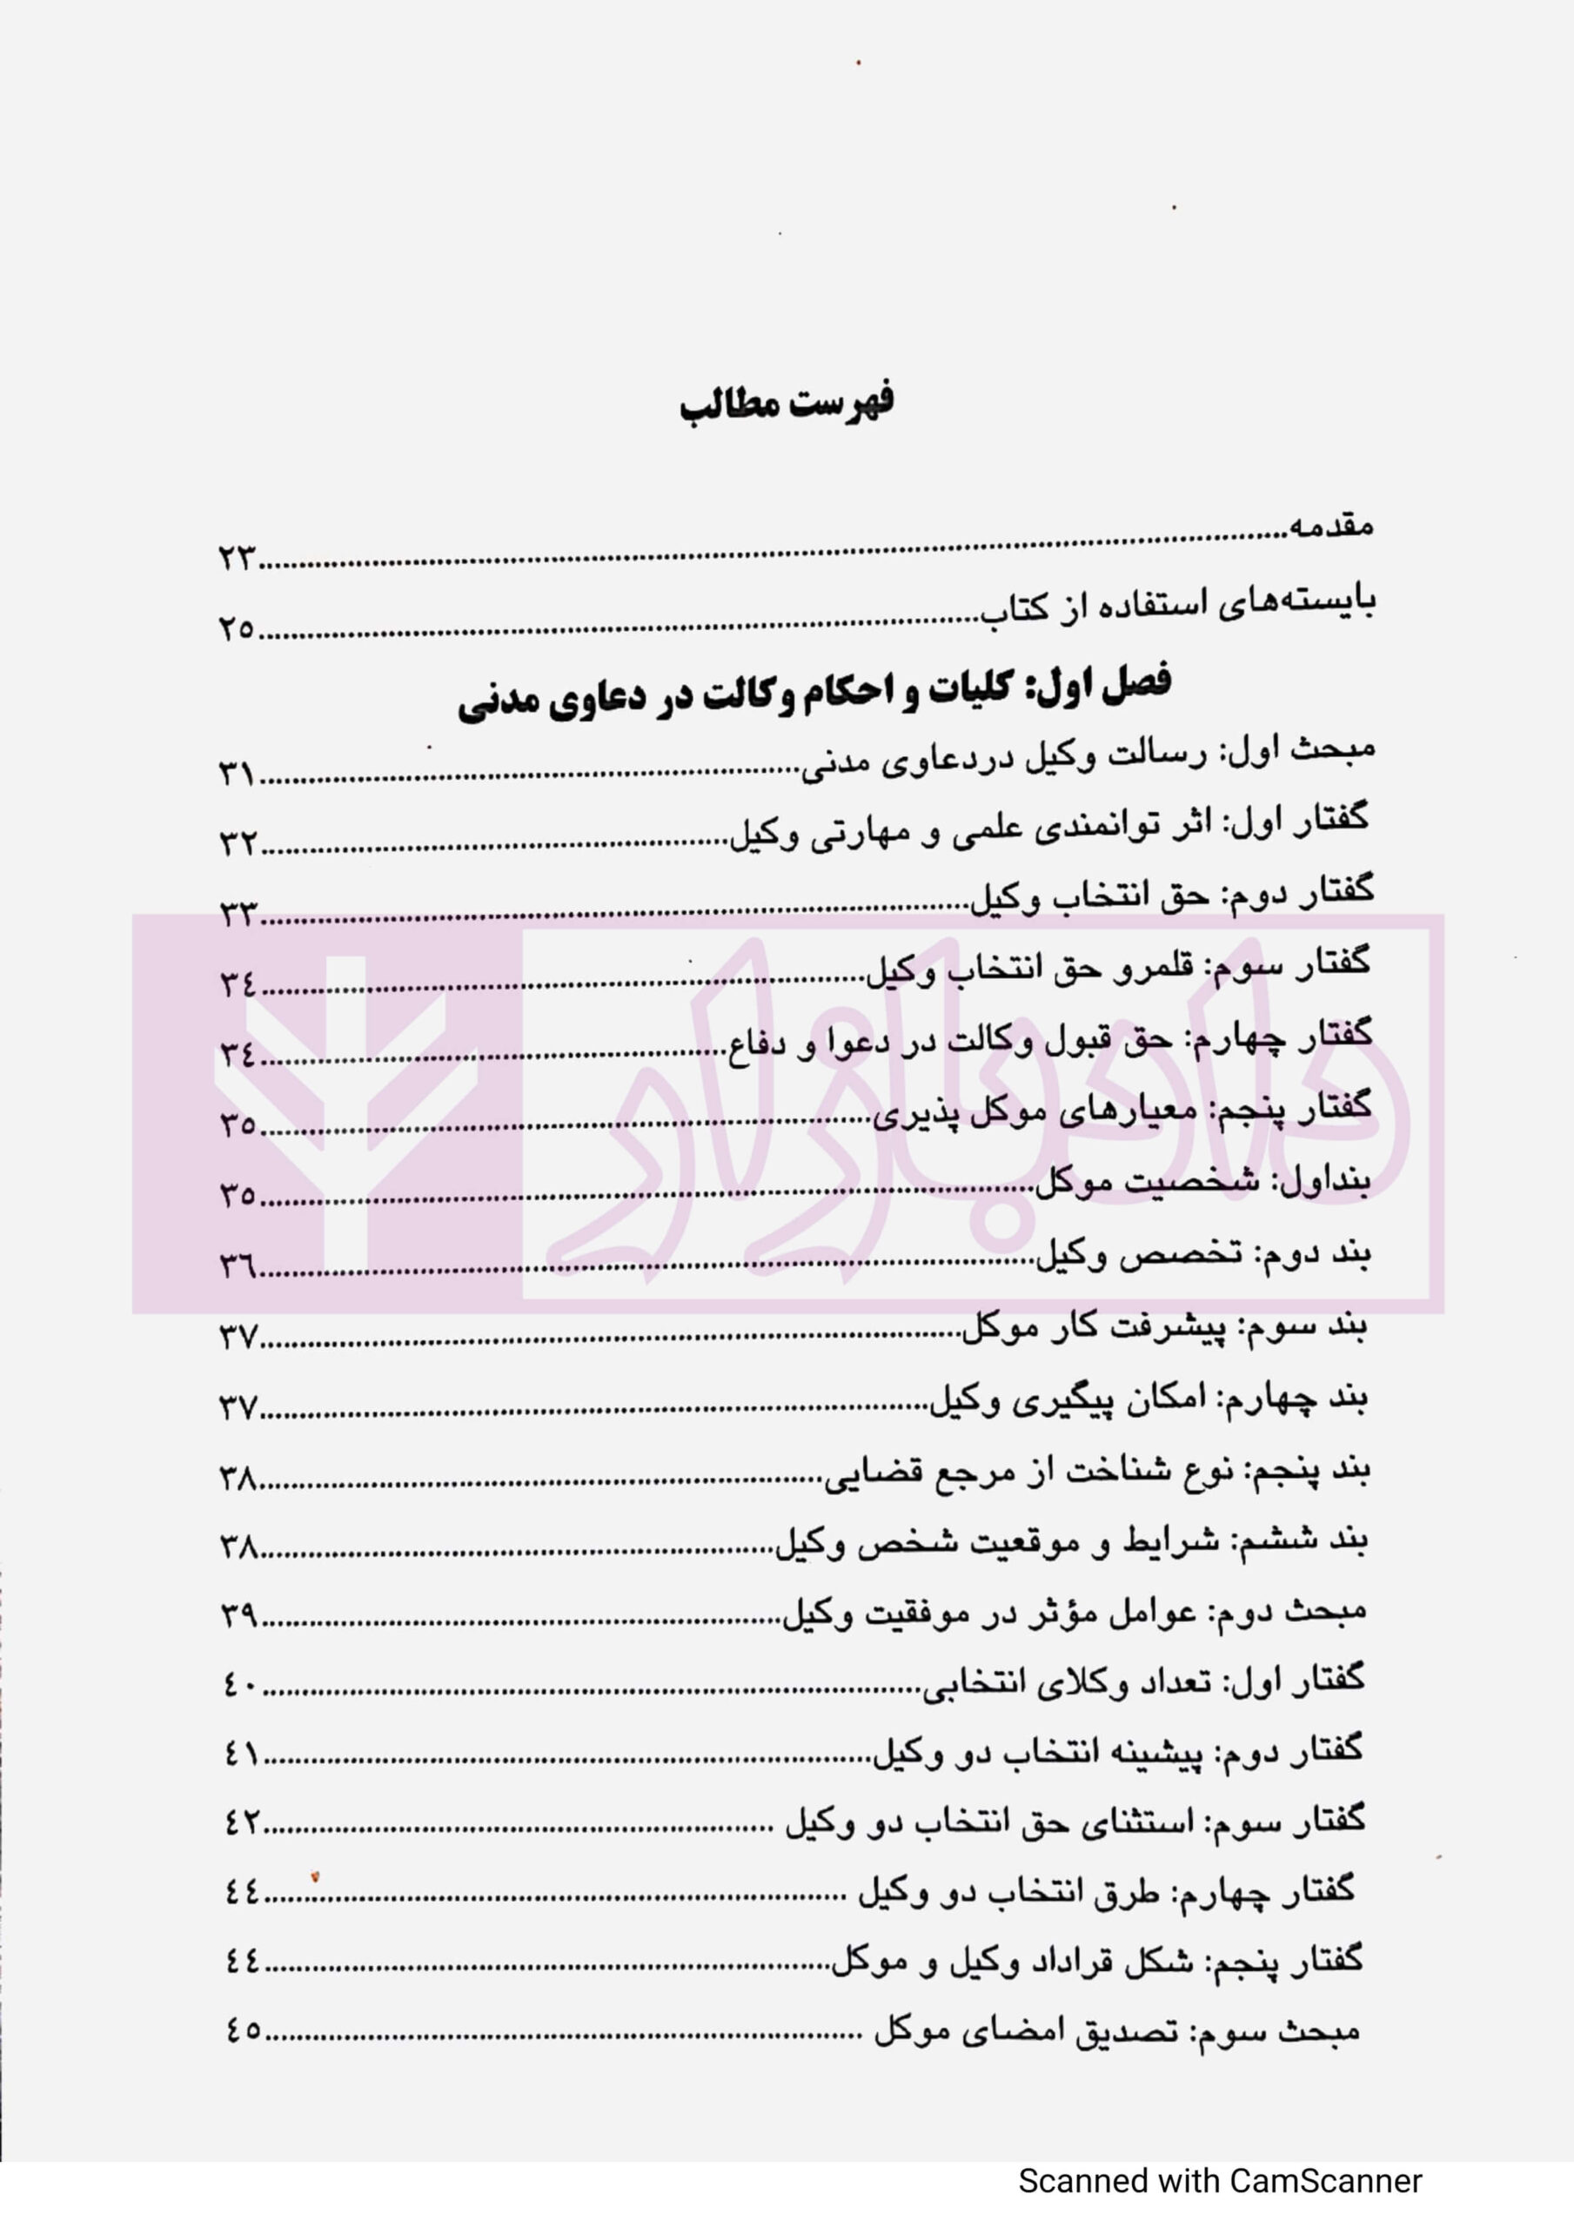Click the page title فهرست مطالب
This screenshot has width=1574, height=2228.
(787, 403)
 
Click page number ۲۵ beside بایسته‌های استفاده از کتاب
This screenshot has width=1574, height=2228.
(236, 629)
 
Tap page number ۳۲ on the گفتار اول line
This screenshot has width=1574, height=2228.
(236, 844)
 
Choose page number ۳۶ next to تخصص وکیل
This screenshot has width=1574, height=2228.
(236, 1266)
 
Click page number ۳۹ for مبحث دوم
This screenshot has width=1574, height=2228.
(238, 1614)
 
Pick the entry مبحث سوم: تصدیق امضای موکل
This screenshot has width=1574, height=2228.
(1116, 2031)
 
